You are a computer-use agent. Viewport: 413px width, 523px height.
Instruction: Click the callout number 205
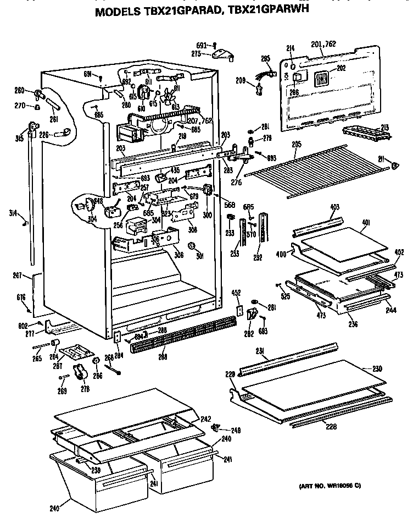click(296, 144)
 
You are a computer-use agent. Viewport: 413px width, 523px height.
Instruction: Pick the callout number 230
click(377, 368)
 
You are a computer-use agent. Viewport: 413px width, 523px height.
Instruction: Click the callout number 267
click(18, 276)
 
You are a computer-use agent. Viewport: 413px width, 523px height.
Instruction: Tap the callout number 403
click(334, 207)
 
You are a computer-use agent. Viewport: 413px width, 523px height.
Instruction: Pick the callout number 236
click(353, 324)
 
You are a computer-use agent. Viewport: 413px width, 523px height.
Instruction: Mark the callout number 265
click(36, 359)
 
